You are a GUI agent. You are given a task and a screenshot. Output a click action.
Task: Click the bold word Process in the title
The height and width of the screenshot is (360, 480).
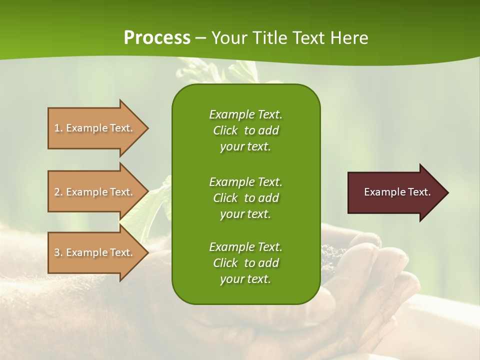pyautogui.click(x=157, y=37)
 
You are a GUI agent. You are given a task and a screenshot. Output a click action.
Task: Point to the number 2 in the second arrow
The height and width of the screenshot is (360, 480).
pyautogui.click(x=57, y=192)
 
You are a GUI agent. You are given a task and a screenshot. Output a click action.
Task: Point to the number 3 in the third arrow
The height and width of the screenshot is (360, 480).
pyautogui.click(x=57, y=252)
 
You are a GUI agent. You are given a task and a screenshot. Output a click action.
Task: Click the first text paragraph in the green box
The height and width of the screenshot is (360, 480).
pyautogui.click(x=245, y=130)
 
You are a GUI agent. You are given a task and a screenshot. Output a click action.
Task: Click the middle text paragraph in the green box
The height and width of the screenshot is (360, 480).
pyautogui.click(x=245, y=197)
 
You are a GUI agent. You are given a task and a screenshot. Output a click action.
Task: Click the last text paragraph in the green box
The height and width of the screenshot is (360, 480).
pyautogui.click(x=245, y=263)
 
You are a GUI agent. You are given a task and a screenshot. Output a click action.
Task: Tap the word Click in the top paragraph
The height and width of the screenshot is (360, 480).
pyautogui.click(x=225, y=130)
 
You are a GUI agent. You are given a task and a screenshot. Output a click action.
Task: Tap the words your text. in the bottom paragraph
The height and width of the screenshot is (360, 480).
pyautogui.click(x=245, y=279)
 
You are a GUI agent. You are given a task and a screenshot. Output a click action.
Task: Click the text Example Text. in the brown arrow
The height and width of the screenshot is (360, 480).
pyautogui.click(x=397, y=192)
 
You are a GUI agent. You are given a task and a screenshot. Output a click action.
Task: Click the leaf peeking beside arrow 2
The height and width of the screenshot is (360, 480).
pyautogui.click(x=159, y=200)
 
